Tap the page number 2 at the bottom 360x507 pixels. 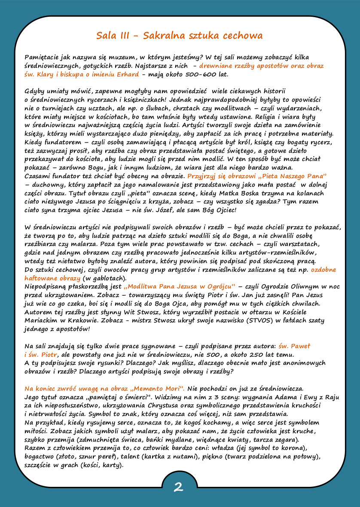point(179,487)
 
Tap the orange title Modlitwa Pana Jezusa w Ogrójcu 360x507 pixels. point(179,286)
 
